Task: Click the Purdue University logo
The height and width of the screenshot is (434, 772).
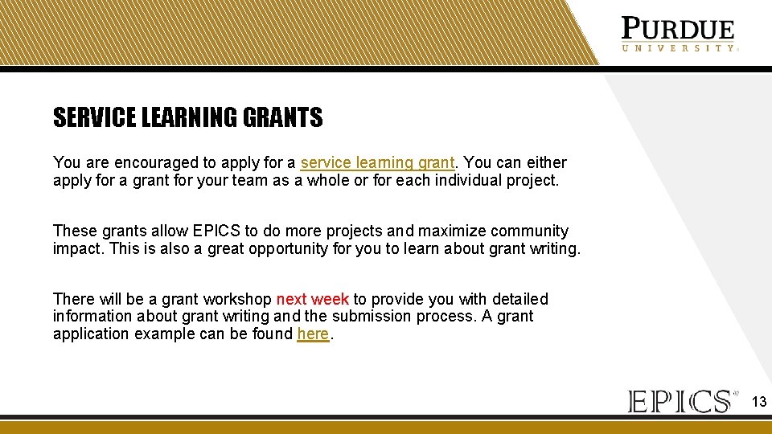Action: [678, 35]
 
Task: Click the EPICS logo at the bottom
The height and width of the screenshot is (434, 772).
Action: [680, 400]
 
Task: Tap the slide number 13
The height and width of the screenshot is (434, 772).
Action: [758, 401]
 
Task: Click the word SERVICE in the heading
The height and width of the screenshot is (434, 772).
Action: [95, 118]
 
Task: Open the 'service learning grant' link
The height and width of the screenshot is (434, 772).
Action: [377, 163]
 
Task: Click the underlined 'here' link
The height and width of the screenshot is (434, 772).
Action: [313, 334]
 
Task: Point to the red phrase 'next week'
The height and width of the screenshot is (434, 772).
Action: [312, 299]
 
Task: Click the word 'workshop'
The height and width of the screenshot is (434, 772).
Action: [238, 299]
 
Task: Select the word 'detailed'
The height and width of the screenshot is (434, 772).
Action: [516, 299]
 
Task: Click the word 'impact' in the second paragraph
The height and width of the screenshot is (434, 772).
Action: [77, 248]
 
